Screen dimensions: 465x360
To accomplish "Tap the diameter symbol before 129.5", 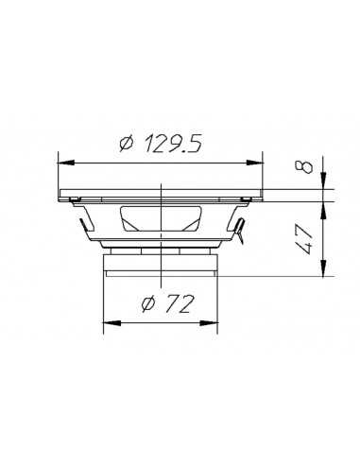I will [x=127, y=144].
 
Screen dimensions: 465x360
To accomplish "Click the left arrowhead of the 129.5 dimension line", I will [x=65, y=157].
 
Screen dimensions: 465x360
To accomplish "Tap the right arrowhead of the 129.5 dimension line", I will [x=259, y=157].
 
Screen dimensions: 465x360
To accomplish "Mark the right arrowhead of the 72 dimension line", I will [x=214, y=323].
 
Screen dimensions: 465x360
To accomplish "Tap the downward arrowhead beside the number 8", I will [x=324, y=182].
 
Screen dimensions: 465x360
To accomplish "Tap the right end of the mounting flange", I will [x=263, y=195].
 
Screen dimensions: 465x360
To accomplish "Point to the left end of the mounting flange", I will [x=61, y=195].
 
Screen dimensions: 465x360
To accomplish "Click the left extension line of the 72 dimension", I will [x=103, y=302].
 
